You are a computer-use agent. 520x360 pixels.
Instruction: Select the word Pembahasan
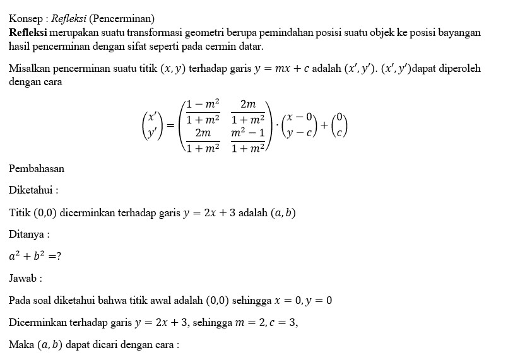click(x=37, y=168)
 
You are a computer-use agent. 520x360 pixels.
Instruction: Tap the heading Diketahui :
click(x=33, y=190)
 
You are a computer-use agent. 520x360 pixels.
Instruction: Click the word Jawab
click(x=23, y=278)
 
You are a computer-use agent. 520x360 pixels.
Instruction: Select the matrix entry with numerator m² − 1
click(x=247, y=141)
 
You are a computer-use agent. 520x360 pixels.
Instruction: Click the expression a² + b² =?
click(x=35, y=256)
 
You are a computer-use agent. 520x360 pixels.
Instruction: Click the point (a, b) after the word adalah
click(x=283, y=212)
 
